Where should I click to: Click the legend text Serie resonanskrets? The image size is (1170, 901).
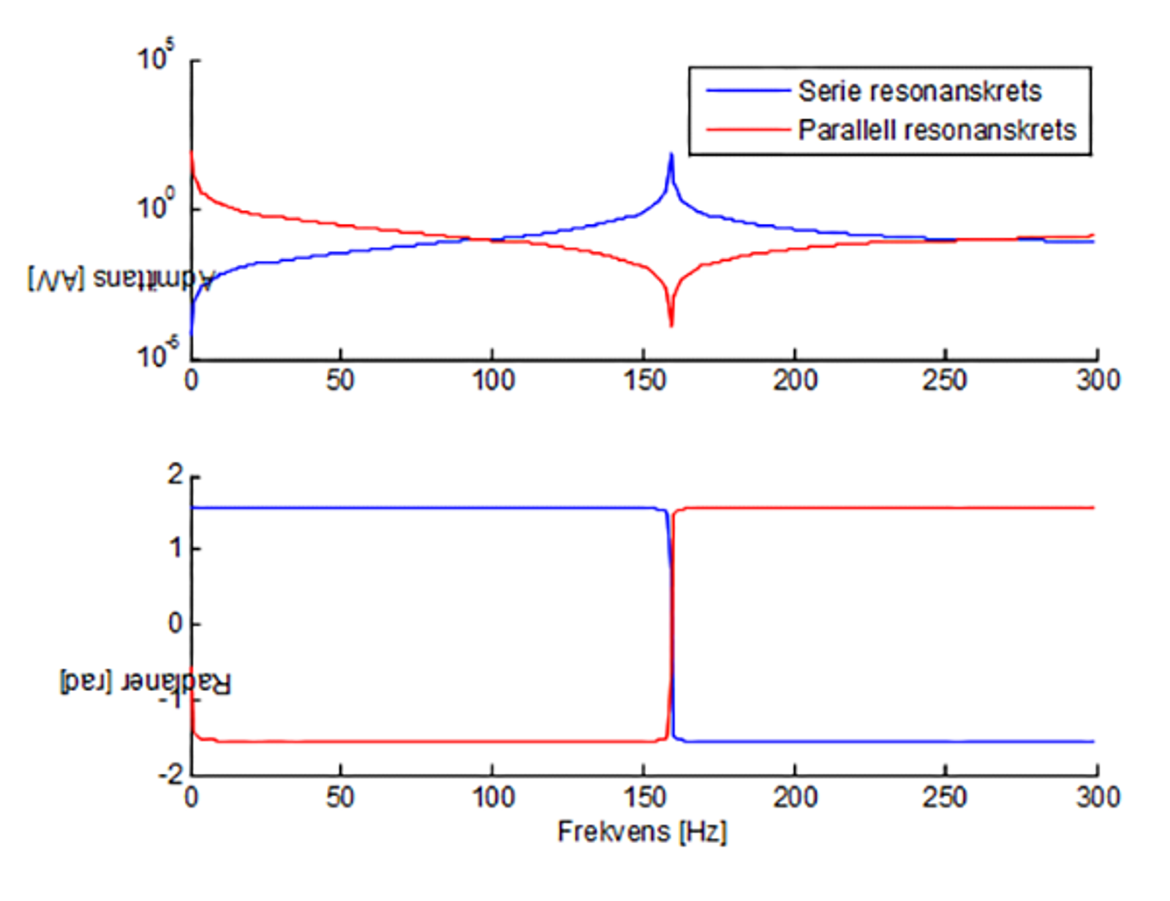tap(919, 91)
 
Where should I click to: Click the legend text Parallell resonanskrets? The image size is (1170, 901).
tap(937, 130)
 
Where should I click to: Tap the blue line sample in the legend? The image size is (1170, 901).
tap(747, 91)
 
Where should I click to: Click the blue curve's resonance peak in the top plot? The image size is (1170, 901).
tap(671, 156)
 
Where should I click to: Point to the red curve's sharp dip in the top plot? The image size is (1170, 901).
tap(671, 324)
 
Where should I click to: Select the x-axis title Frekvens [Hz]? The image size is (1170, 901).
tap(642, 832)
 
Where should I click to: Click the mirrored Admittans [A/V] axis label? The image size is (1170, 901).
tap(121, 279)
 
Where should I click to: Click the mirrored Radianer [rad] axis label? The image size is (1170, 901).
tap(145, 683)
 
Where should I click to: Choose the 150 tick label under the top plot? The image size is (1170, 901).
tap(643, 381)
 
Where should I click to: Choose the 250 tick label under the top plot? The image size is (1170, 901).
tap(945, 381)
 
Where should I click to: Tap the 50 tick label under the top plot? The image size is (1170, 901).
tap(341, 381)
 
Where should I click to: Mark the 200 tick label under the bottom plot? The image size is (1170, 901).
tap(794, 796)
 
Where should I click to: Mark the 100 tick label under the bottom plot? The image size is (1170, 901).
tap(492, 796)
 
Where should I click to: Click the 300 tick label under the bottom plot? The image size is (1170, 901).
tap(1098, 796)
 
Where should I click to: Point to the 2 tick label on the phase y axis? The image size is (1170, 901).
tap(175, 475)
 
